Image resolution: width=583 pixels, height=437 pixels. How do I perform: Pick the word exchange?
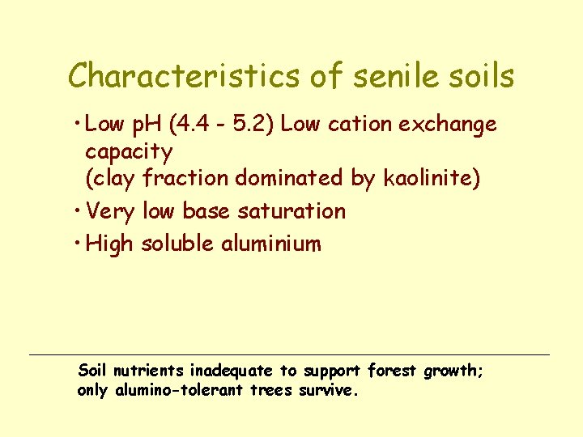(450, 126)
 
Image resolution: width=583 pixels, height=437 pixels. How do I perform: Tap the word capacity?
(128, 153)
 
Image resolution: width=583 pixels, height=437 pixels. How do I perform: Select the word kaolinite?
(432, 179)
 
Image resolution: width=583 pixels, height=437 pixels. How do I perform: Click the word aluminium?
(270, 244)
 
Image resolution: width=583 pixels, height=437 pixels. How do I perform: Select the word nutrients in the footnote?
(148, 371)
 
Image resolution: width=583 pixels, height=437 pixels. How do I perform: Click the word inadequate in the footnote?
(232, 372)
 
